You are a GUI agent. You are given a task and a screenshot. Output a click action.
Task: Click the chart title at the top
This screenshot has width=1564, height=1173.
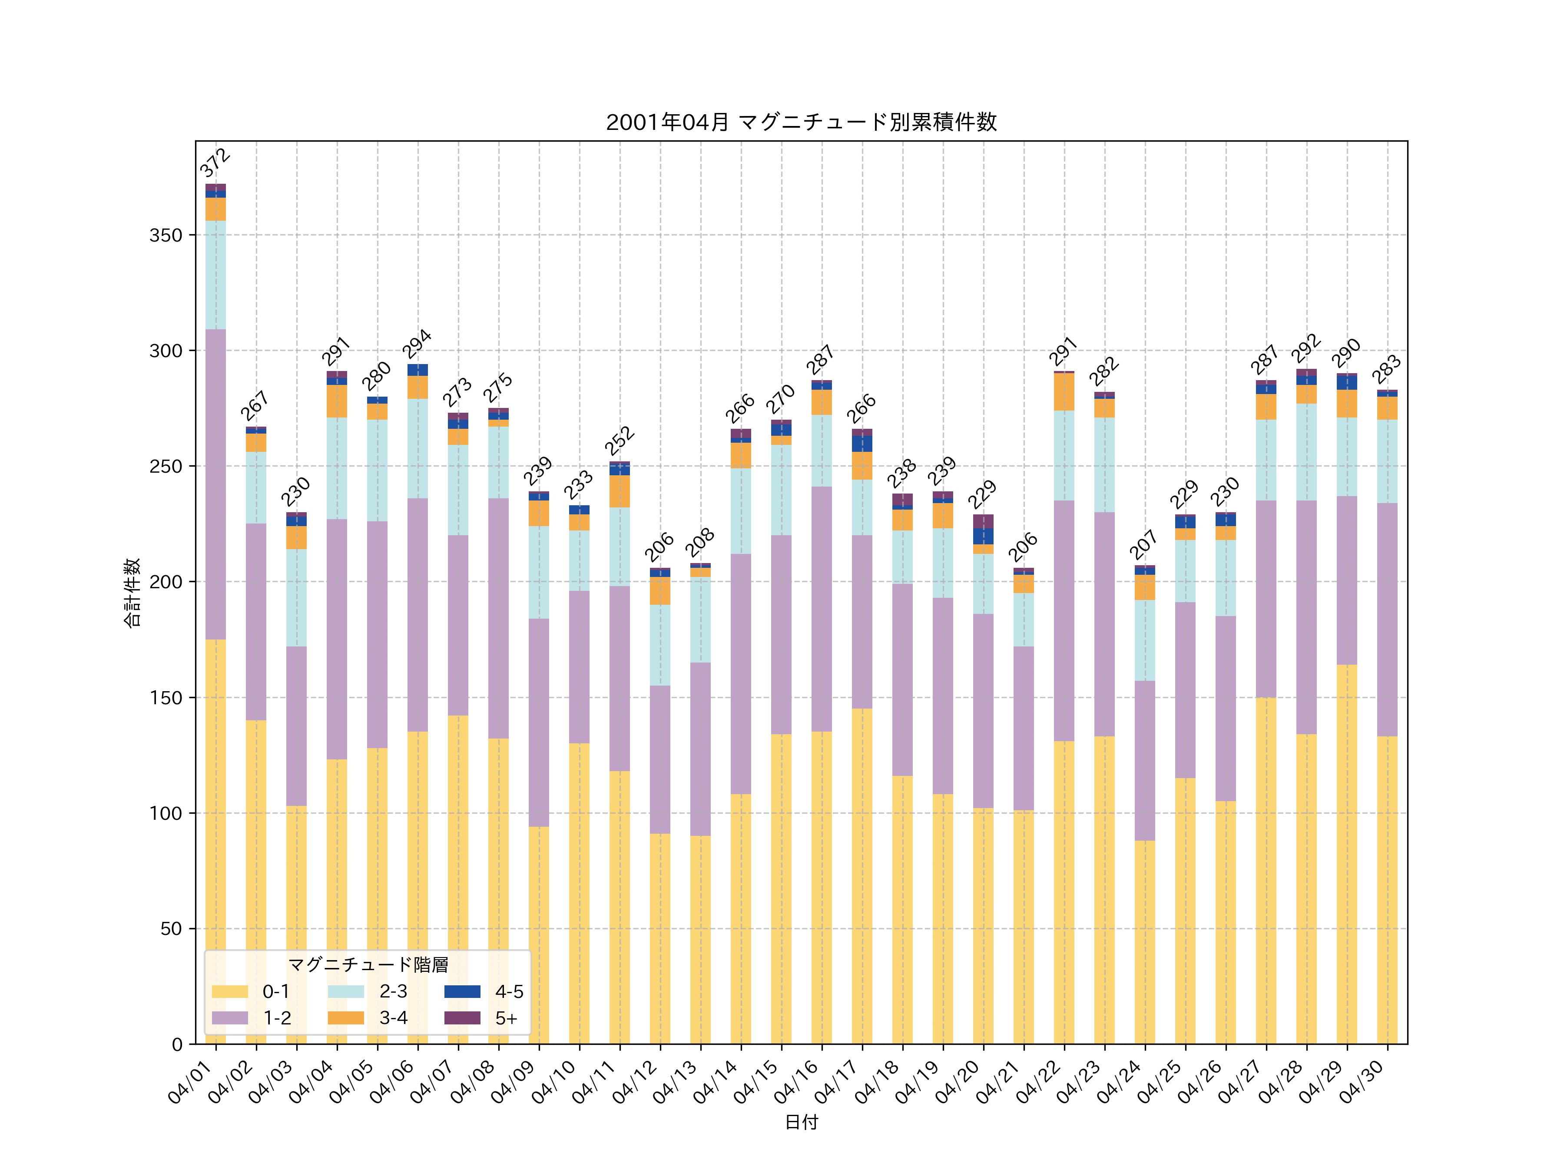(x=801, y=123)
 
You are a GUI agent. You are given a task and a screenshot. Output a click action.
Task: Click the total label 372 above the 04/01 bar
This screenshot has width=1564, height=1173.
(x=215, y=162)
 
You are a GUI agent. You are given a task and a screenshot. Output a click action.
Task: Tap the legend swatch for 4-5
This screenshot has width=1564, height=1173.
(x=462, y=991)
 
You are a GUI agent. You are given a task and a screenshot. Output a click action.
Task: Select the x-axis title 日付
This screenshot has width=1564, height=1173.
(x=801, y=1122)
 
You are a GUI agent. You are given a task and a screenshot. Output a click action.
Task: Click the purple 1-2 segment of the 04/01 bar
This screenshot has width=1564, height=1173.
(x=215, y=484)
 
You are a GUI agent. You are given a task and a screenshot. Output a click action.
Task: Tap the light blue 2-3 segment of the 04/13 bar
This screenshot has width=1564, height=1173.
(x=700, y=620)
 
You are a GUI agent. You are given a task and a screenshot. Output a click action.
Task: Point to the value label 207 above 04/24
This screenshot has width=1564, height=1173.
(x=1143, y=544)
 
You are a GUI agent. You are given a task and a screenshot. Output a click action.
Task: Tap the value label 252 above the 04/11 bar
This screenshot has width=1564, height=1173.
(x=620, y=441)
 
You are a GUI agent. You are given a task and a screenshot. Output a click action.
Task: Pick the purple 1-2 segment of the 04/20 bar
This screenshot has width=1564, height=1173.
(x=983, y=711)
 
